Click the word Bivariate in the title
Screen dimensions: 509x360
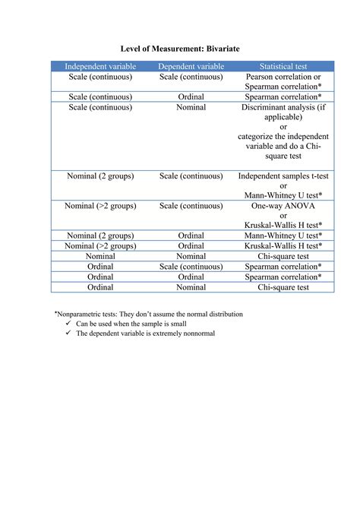[x=216, y=48]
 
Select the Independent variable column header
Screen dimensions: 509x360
[x=100, y=67]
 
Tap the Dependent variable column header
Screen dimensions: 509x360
[x=191, y=67]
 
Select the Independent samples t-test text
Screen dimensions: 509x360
[x=283, y=175]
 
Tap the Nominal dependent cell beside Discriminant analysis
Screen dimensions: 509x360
[x=191, y=107]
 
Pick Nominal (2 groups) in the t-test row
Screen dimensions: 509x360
[x=100, y=175]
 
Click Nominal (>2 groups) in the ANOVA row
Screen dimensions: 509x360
[x=100, y=205]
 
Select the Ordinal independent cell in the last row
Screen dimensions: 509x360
[x=100, y=287]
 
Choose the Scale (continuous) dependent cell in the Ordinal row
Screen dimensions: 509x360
[x=191, y=267]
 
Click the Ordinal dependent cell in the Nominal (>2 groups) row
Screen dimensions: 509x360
[x=191, y=246]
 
